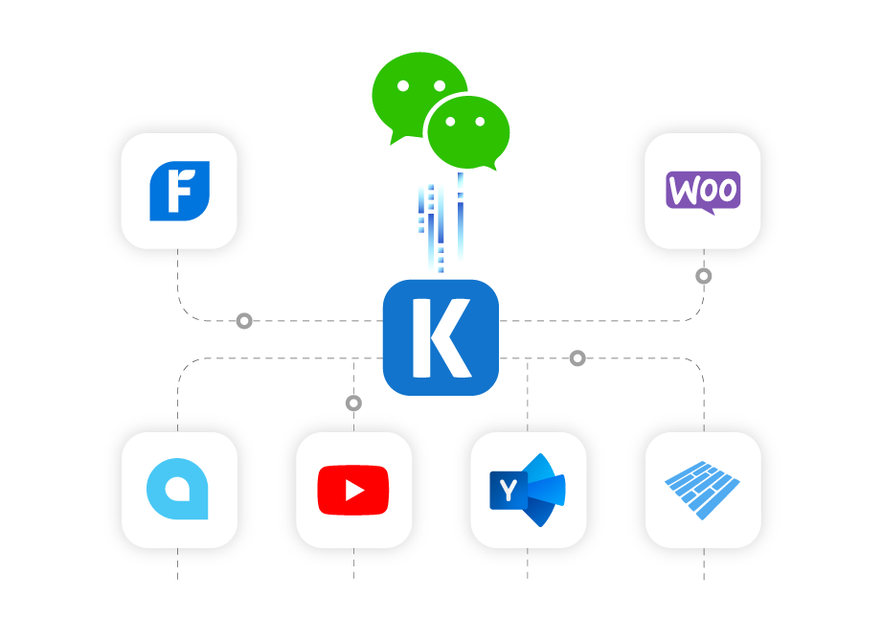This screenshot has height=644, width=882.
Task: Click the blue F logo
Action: click(x=179, y=191)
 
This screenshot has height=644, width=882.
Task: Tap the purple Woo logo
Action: click(x=703, y=191)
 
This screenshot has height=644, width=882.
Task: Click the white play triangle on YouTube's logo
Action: click(x=354, y=491)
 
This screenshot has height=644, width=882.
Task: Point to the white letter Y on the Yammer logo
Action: click(x=508, y=491)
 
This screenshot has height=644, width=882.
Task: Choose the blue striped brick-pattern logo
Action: click(x=703, y=490)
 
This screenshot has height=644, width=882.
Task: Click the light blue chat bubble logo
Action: click(x=178, y=490)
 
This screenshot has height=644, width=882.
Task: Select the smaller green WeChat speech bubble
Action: click(x=469, y=132)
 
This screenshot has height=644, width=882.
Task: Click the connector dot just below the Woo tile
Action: click(x=704, y=276)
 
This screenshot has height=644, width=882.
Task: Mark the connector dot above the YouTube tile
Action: click(x=353, y=403)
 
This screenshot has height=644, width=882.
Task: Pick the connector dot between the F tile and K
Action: click(x=244, y=321)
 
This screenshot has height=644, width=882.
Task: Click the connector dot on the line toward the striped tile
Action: click(x=577, y=358)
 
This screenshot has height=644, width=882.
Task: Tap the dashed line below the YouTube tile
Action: click(x=353, y=564)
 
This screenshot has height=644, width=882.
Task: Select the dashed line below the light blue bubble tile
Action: click(x=178, y=564)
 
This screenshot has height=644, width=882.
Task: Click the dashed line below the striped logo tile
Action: click(x=704, y=564)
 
